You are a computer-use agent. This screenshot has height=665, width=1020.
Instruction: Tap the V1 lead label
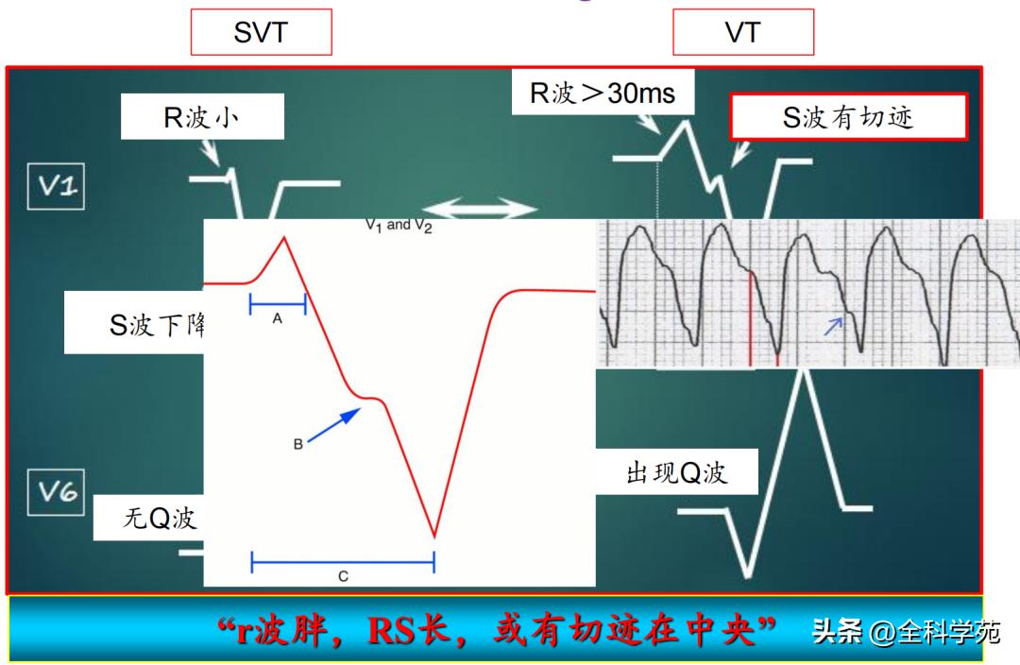(x=58, y=186)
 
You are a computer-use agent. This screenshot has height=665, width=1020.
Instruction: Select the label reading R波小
(x=202, y=119)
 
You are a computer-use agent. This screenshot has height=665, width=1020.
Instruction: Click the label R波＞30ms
(x=602, y=94)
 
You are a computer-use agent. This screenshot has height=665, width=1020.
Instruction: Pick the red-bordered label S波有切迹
(x=848, y=117)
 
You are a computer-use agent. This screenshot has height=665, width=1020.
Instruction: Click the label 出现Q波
(x=676, y=472)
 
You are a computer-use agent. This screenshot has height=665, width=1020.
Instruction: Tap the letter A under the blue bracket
(x=278, y=319)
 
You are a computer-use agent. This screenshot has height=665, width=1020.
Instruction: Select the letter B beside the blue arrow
(x=297, y=443)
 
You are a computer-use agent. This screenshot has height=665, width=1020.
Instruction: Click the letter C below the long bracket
(x=343, y=575)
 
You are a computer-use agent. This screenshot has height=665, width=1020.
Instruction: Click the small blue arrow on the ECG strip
(x=832, y=326)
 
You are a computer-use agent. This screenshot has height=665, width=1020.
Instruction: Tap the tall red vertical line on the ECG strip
(x=751, y=317)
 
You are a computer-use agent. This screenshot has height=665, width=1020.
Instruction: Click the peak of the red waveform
(x=284, y=238)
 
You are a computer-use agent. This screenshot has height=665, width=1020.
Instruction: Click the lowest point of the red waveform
(x=434, y=537)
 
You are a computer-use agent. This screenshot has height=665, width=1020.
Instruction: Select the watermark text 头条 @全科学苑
(x=905, y=631)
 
